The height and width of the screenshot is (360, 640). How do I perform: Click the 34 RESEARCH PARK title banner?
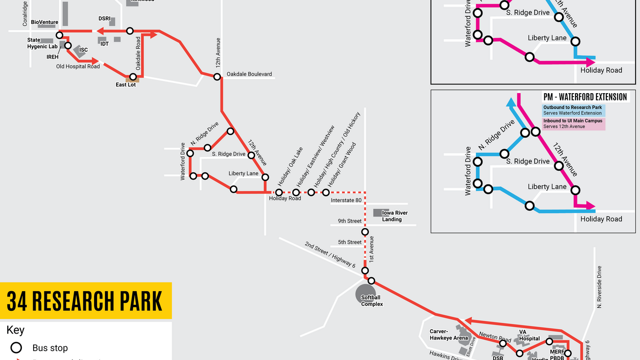coord(85,301)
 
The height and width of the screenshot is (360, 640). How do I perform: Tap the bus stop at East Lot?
coord(133,77)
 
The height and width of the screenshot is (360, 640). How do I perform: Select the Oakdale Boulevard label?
coord(249,74)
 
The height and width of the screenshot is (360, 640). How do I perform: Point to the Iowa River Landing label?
coord(395,216)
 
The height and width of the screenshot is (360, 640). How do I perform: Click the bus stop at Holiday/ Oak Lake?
coord(279,193)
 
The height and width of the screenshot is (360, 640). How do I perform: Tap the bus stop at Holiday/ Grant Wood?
coord(326,193)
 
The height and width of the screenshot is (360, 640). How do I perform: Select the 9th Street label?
coord(350,221)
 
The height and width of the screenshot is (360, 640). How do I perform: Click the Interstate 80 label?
coord(346,200)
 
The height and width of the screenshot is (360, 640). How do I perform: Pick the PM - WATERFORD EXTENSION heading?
coord(585,97)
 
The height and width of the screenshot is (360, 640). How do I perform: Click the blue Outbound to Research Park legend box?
coord(574,110)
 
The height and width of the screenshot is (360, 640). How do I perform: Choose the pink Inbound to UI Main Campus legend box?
coord(574,124)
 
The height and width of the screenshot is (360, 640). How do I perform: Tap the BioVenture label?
coord(44,22)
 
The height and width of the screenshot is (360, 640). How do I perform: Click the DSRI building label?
coord(104,19)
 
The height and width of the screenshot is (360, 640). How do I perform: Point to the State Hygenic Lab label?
coord(42,43)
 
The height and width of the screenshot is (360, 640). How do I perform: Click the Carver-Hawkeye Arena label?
coord(448,335)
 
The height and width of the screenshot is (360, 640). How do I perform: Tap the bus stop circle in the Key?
coord(17,348)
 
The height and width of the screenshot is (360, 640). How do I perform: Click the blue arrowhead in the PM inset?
coord(511,101)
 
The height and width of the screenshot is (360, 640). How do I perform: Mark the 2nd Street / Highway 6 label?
coord(330,255)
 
